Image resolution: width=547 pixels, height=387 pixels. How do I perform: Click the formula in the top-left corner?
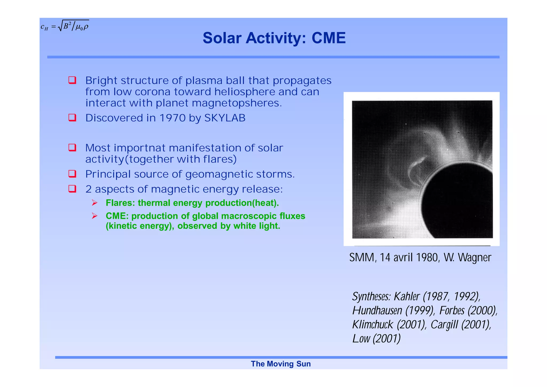[x=65, y=26]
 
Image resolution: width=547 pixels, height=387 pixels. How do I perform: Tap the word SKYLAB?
[x=225, y=118]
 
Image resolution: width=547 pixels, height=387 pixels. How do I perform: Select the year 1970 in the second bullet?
[x=172, y=118]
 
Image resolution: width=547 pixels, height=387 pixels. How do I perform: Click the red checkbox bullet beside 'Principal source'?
[x=72, y=174]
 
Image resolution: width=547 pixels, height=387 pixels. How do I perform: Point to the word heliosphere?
[x=244, y=92]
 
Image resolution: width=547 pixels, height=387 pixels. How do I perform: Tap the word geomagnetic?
[x=219, y=174]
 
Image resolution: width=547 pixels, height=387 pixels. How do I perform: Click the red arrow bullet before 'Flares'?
[x=95, y=203]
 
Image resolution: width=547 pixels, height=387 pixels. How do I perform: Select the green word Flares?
[x=120, y=203]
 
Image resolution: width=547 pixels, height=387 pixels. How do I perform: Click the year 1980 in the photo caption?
[x=427, y=257]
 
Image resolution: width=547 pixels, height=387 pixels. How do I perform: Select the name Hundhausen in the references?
[x=377, y=311]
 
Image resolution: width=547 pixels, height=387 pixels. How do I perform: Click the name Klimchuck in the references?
[x=373, y=325]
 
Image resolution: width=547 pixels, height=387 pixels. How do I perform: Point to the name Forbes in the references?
[x=452, y=311]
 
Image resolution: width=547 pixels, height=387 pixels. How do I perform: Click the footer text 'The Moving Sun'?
[x=280, y=364]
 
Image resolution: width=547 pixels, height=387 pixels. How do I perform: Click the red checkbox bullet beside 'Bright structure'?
[x=72, y=80]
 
